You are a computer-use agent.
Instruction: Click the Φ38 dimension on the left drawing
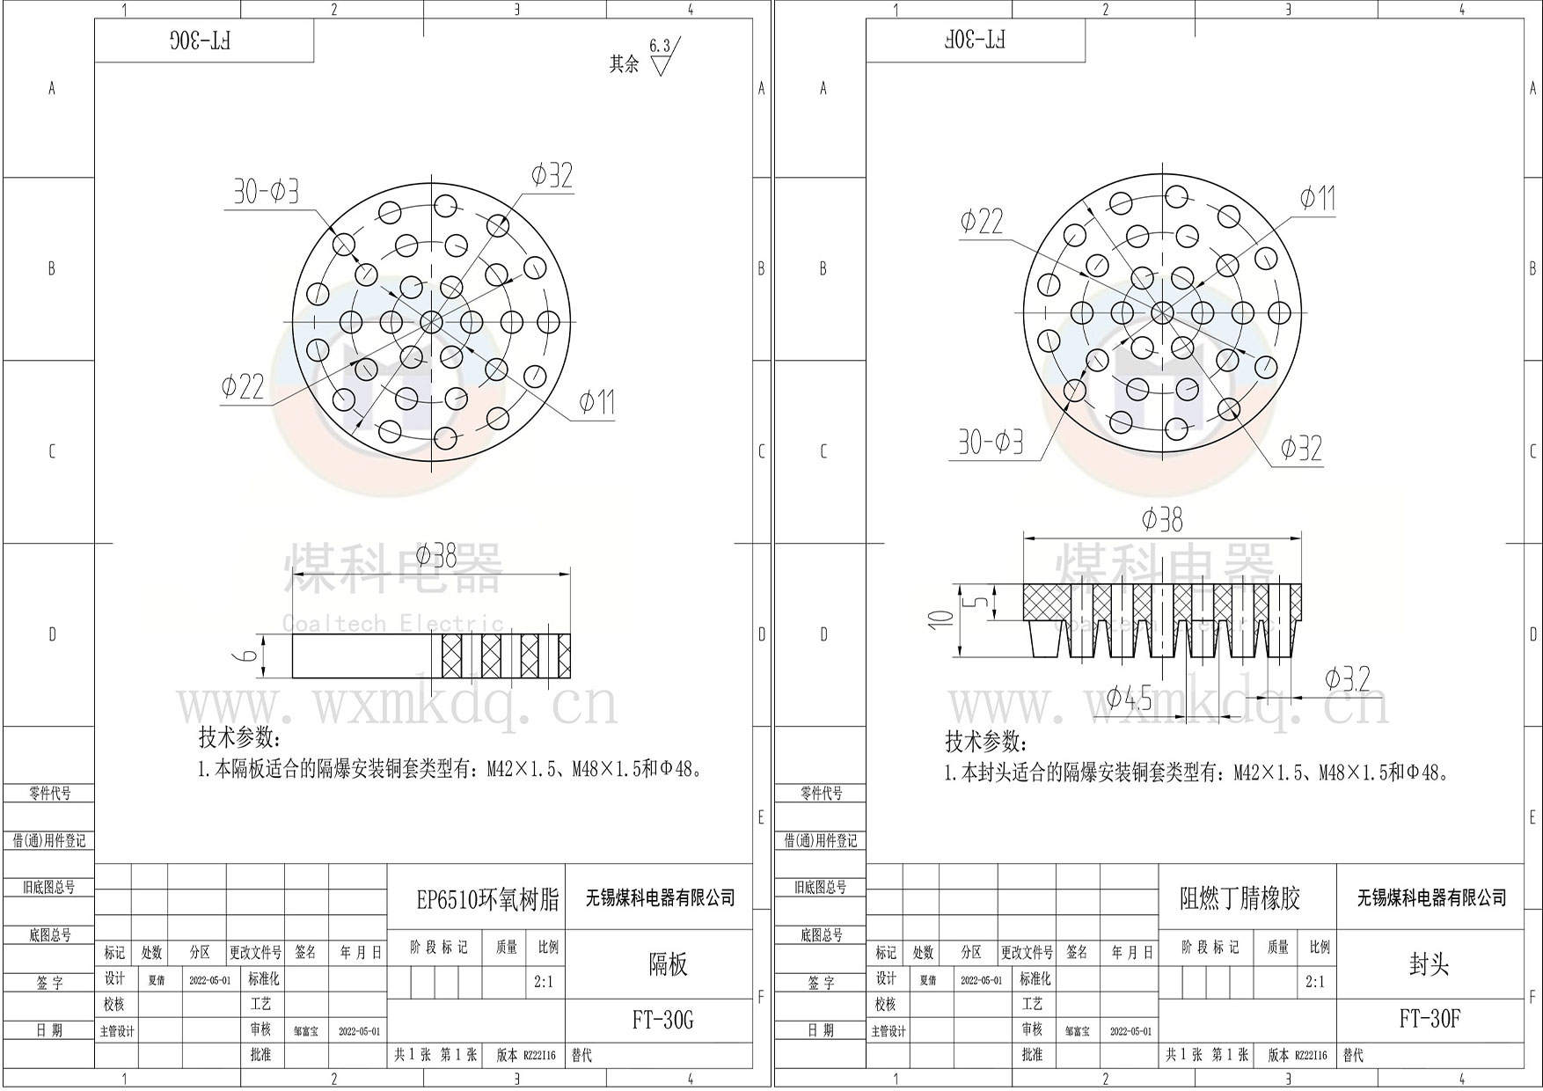click(436, 556)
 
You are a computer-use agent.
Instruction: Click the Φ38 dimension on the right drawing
click(1162, 520)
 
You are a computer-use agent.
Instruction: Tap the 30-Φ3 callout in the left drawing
click(266, 191)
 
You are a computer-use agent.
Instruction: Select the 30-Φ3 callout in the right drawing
click(991, 442)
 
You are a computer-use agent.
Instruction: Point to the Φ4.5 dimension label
click(1129, 699)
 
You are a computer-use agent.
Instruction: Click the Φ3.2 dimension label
click(1347, 679)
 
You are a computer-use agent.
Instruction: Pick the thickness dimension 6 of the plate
click(250, 655)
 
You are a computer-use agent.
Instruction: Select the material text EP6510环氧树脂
click(487, 899)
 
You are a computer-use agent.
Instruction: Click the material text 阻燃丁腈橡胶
click(1240, 898)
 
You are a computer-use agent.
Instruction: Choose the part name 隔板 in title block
click(668, 964)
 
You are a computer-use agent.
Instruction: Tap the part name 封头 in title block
click(1429, 964)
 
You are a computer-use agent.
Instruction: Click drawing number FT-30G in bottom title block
click(662, 1020)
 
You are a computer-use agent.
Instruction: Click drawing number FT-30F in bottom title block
click(1430, 1019)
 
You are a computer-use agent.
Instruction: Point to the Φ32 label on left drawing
click(552, 176)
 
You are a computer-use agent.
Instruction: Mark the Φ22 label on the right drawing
click(981, 221)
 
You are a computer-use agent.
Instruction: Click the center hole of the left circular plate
click(431, 322)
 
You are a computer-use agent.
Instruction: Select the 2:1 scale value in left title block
click(544, 982)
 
